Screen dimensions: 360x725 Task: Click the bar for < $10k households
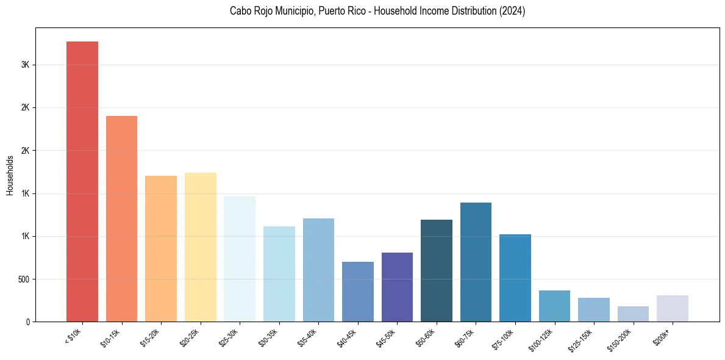click(x=82, y=181)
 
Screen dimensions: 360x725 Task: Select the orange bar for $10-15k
click(x=121, y=218)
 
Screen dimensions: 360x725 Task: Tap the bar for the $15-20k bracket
click(x=161, y=248)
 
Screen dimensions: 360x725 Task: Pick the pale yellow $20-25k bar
click(x=201, y=247)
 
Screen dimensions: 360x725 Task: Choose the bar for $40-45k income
click(x=358, y=292)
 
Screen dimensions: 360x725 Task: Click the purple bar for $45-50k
click(x=397, y=287)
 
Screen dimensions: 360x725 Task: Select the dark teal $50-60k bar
click(x=437, y=270)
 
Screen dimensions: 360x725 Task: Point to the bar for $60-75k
click(x=476, y=262)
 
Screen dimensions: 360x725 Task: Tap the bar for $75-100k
click(x=515, y=278)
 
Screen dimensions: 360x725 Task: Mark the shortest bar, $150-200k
click(x=633, y=314)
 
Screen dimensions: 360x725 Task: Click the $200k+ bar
click(x=673, y=308)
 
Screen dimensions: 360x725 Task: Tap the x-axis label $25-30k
click(x=229, y=337)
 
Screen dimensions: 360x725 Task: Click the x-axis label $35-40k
click(x=307, y=337)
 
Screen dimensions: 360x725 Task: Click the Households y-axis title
click(x=10, y=175)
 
